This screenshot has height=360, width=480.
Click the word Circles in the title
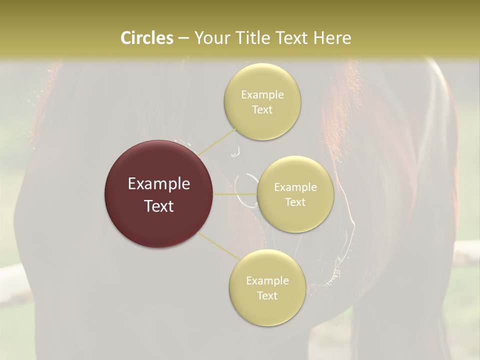coord(146,38)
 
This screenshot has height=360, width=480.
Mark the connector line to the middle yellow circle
coord(235,194)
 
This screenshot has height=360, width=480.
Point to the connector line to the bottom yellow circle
coord(218,246)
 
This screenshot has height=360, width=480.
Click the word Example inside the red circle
coord(159,184)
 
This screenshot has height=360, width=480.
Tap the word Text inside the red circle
coord(159,205)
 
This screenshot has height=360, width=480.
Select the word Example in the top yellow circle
coord(262,94)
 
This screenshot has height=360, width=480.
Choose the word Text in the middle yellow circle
coord(295,202)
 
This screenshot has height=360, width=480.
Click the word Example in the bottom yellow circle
coord(267,280)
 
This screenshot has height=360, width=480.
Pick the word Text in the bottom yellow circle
coord(267,295)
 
